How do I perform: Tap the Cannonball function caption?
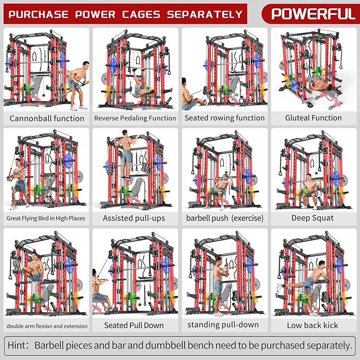[x=47, y=118]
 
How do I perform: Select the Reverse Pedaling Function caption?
[x=135, y=118]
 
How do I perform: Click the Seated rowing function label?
[x=224, y=118]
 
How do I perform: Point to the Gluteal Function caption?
[x=313, y=118]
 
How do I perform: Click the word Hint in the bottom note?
[x=19, y=346]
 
